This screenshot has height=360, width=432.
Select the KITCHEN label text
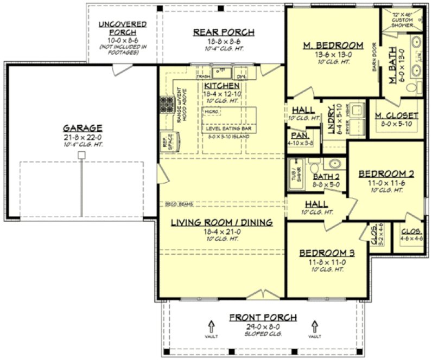point(222,86)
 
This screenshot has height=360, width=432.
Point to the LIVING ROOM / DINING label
point(221,223)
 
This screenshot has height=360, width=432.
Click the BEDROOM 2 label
point(386,174)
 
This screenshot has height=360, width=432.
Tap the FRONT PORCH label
point(262,317)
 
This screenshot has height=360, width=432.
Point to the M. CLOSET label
point(397,115)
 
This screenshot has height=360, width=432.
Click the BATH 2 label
point(326,176)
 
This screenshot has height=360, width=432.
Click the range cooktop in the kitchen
point(166,104)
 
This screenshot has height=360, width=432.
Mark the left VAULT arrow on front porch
point(211,326)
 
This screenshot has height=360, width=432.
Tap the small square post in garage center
point(81,155)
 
